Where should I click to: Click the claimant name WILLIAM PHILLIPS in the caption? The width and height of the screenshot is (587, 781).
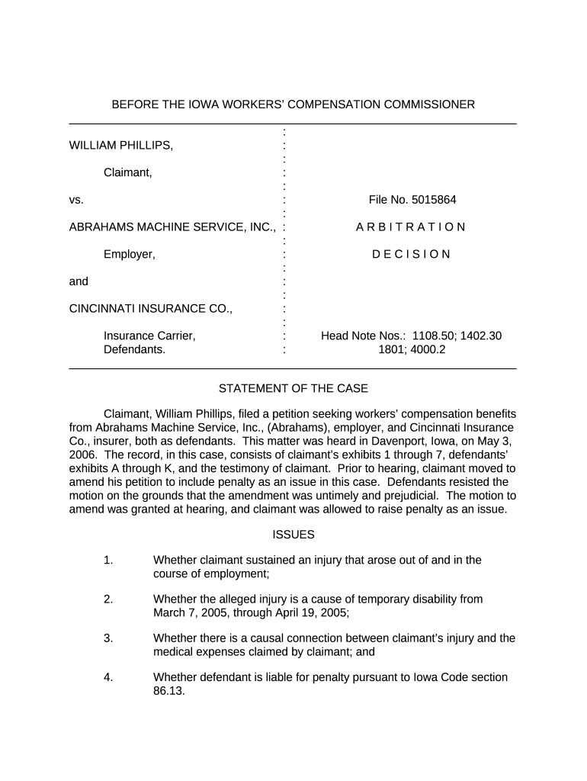121,145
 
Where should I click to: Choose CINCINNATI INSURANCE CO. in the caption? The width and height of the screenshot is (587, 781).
151,309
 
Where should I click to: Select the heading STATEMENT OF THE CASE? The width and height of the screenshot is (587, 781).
293,389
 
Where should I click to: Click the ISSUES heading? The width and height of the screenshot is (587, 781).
293,535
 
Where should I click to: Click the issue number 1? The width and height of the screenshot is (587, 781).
108,561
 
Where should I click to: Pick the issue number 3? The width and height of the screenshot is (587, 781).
108,638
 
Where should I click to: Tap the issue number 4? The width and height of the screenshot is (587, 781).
108,677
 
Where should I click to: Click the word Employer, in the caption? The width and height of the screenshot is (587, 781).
130,255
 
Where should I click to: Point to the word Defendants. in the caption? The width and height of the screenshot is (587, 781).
134,350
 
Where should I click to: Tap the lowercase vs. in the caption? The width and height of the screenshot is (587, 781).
76,200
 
